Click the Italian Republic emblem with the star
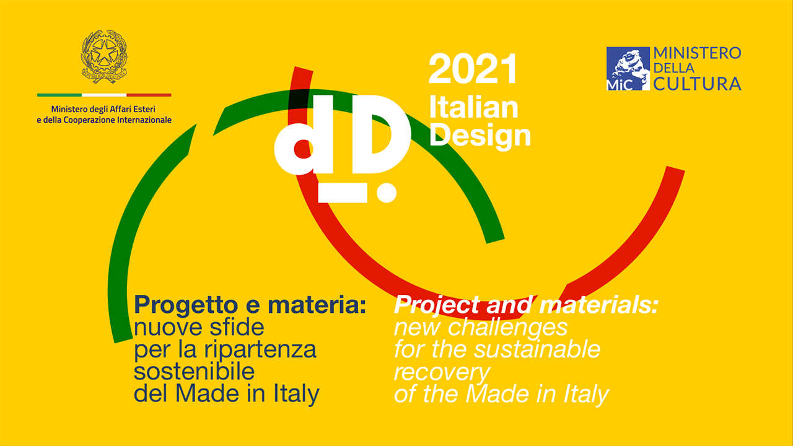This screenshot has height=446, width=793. (104, 56)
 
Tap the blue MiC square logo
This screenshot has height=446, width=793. (628, 69)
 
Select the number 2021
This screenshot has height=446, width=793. (473, 69)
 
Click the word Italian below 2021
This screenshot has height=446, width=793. (474, 107)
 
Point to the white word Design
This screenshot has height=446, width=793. (480, 136)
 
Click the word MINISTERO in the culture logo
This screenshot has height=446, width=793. (697, 53)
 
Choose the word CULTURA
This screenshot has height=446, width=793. (697, 84)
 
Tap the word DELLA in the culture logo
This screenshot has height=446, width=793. (673, 68)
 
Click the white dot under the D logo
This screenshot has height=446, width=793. (387, 193)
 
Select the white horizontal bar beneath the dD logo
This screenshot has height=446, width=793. (343, 193)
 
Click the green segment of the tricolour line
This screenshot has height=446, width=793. (59, 95)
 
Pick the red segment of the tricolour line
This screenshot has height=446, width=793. (149, 95)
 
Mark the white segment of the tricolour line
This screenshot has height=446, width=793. (104, 95)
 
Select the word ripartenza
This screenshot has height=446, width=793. (260, 350)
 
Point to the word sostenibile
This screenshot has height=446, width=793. (195, 371)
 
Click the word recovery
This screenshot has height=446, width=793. (442, 373)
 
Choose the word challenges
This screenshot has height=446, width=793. (507, 328)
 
